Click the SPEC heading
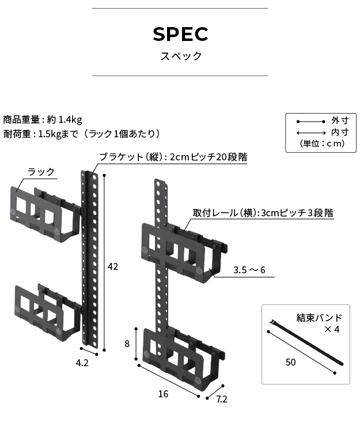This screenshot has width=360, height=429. click(180, 34)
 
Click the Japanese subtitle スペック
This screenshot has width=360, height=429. click(180, 57)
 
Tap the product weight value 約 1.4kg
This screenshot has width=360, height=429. click(65, 120)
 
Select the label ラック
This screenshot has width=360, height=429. click(41, 172)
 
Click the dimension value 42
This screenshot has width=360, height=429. click(113, 266)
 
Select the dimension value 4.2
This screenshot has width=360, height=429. click(82, 363)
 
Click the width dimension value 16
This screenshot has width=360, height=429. click(163, 394)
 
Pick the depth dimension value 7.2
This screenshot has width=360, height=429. click(222, 398)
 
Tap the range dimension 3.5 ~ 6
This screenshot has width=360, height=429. click(249, 269)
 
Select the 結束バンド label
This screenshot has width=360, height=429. click(319, 318)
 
